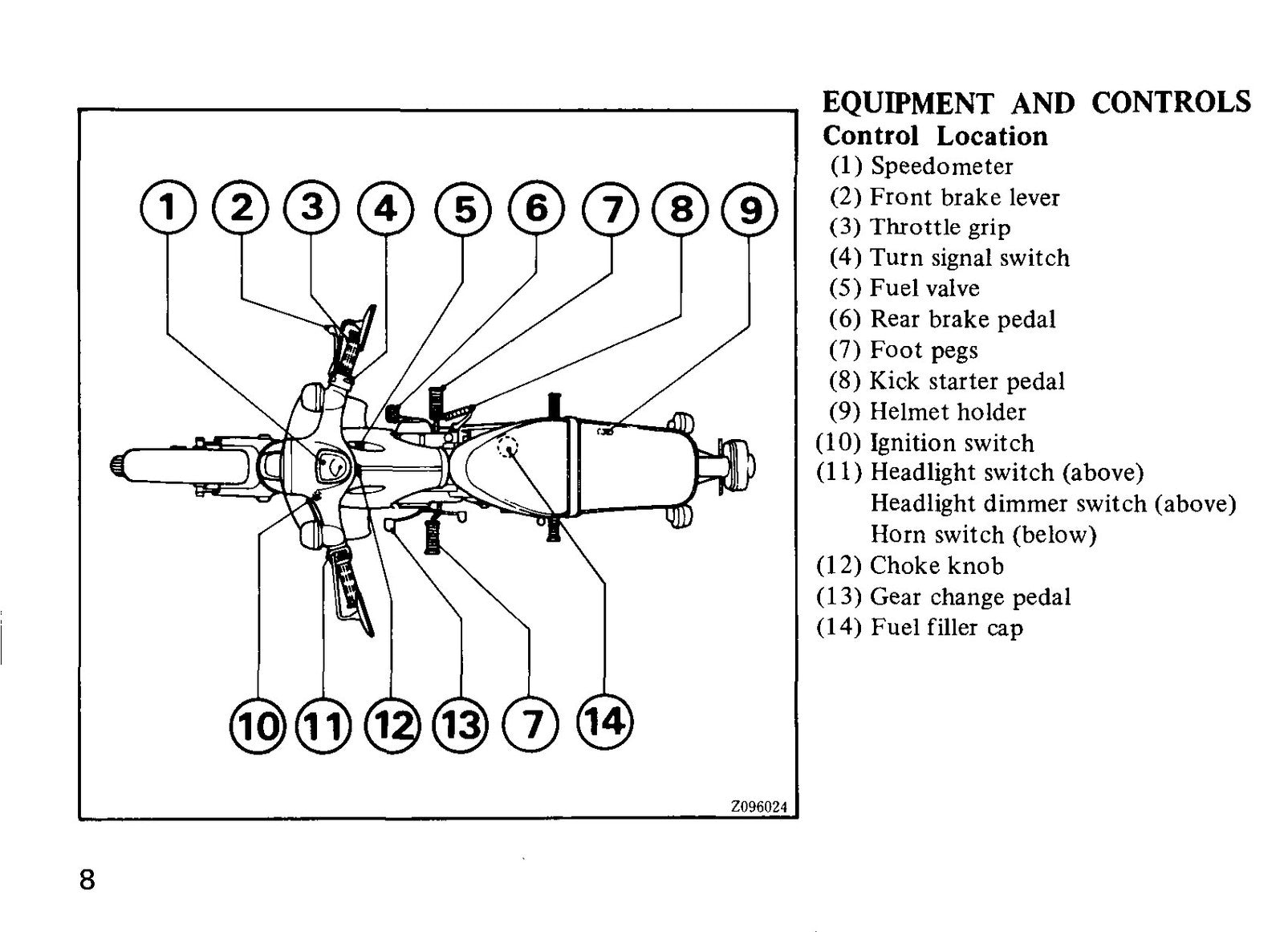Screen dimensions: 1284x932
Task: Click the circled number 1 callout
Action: click(168, 207)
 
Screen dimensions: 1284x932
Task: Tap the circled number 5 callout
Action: click(463, 209)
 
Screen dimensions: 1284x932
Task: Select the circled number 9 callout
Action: click(750, 209)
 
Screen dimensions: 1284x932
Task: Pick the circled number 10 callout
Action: click(258, 726)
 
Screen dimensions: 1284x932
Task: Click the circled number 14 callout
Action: click(605, 721)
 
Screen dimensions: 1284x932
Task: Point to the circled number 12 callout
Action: click(392, 726)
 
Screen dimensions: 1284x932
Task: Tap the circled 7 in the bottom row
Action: click(530, 724)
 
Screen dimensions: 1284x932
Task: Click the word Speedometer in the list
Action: click(942, 166)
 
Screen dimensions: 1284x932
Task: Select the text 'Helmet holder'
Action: click(948, 412)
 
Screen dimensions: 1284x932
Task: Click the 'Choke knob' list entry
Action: click(937, 566)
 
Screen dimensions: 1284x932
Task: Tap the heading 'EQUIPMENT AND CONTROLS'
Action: click(1036, 104)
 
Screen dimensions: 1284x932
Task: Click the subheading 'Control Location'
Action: click(935, 136)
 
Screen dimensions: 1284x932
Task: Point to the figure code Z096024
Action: click(758, 807)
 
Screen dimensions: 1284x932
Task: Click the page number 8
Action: click(87, 879)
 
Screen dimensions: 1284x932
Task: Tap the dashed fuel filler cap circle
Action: click(507, 446)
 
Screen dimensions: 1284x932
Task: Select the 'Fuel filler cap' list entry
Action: click(946, 628)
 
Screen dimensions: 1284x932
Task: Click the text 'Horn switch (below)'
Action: click(983, 535)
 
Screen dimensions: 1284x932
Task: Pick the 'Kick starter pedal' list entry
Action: click(967, 381)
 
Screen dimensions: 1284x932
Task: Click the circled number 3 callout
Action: click(311, 207)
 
